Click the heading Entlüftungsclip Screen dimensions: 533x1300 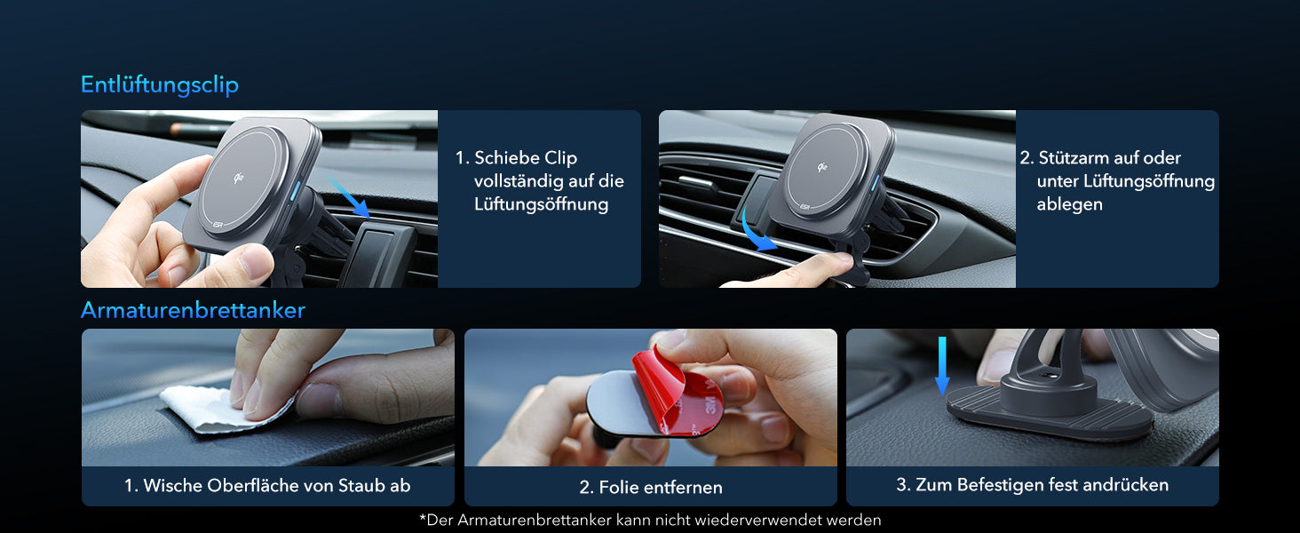(x=160, y=85)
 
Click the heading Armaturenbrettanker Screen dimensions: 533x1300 (x=193, y=310)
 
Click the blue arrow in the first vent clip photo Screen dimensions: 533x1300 (x=350, y=196)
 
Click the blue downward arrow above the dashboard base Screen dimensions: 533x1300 (x=942, y=364)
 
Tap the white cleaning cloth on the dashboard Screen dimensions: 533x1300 (x=213, y=410)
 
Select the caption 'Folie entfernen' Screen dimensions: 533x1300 (x=651, y=488)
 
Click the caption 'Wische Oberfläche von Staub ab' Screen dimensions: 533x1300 (x=267, y=486)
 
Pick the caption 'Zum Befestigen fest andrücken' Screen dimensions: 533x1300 (x=1032, y=485)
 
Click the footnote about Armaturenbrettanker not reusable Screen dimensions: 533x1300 (x=649, y=520)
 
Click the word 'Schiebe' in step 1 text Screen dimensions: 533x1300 (x=503, y=158)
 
